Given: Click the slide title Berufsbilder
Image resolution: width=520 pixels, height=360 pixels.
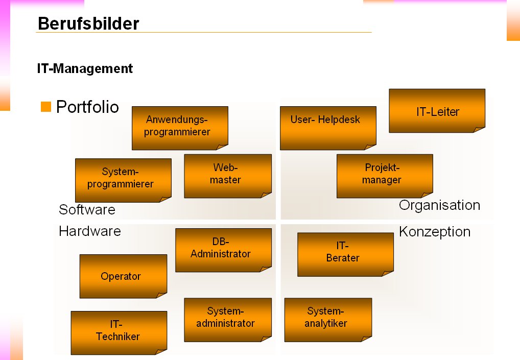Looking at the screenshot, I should click(x=88, y=23).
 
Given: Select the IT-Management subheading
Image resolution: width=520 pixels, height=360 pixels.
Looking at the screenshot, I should click(x=85, y=68).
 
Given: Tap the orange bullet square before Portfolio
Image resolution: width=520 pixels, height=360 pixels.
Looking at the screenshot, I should click(x=46, y=107).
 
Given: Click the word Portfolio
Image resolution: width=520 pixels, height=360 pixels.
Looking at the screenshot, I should click(x=87, y=107).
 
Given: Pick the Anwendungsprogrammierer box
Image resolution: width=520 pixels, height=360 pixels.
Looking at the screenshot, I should click(x=179, y=128).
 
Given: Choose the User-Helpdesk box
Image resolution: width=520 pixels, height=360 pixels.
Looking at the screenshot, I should click(x=327, y=128).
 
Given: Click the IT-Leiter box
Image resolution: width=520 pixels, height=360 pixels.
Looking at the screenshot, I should click(x=437, y=111).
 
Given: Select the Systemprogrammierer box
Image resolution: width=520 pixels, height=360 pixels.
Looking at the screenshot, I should click(x=123, y=180).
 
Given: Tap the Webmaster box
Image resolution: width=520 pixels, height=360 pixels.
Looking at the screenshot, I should click(x=227, y=176).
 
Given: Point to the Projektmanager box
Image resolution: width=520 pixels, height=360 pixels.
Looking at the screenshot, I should click(x=384, y=176).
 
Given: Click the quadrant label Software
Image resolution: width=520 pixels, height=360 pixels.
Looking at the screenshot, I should click(x=87, y=210).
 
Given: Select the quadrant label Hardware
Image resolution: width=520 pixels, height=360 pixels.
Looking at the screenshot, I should click(x=90, y=231).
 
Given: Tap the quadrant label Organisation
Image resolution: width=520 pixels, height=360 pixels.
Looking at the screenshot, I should click(x=439, y=205).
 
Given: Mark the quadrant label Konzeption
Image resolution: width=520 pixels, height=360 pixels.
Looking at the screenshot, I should click(x=434, y=232).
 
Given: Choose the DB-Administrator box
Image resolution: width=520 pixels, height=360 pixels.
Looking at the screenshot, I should click(x=223, y=250).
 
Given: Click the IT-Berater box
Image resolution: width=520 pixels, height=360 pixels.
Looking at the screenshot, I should click(x=345, y=254).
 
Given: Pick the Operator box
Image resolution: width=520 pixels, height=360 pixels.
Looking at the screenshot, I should click(x=123, y=276).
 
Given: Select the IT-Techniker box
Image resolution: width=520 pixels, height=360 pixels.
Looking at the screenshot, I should click(x=119, y=332).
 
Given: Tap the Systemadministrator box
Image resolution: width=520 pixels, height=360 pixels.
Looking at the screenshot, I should click(x=227, y=319).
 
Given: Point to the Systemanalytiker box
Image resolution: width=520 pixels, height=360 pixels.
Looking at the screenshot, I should click(x=327, y=319).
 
